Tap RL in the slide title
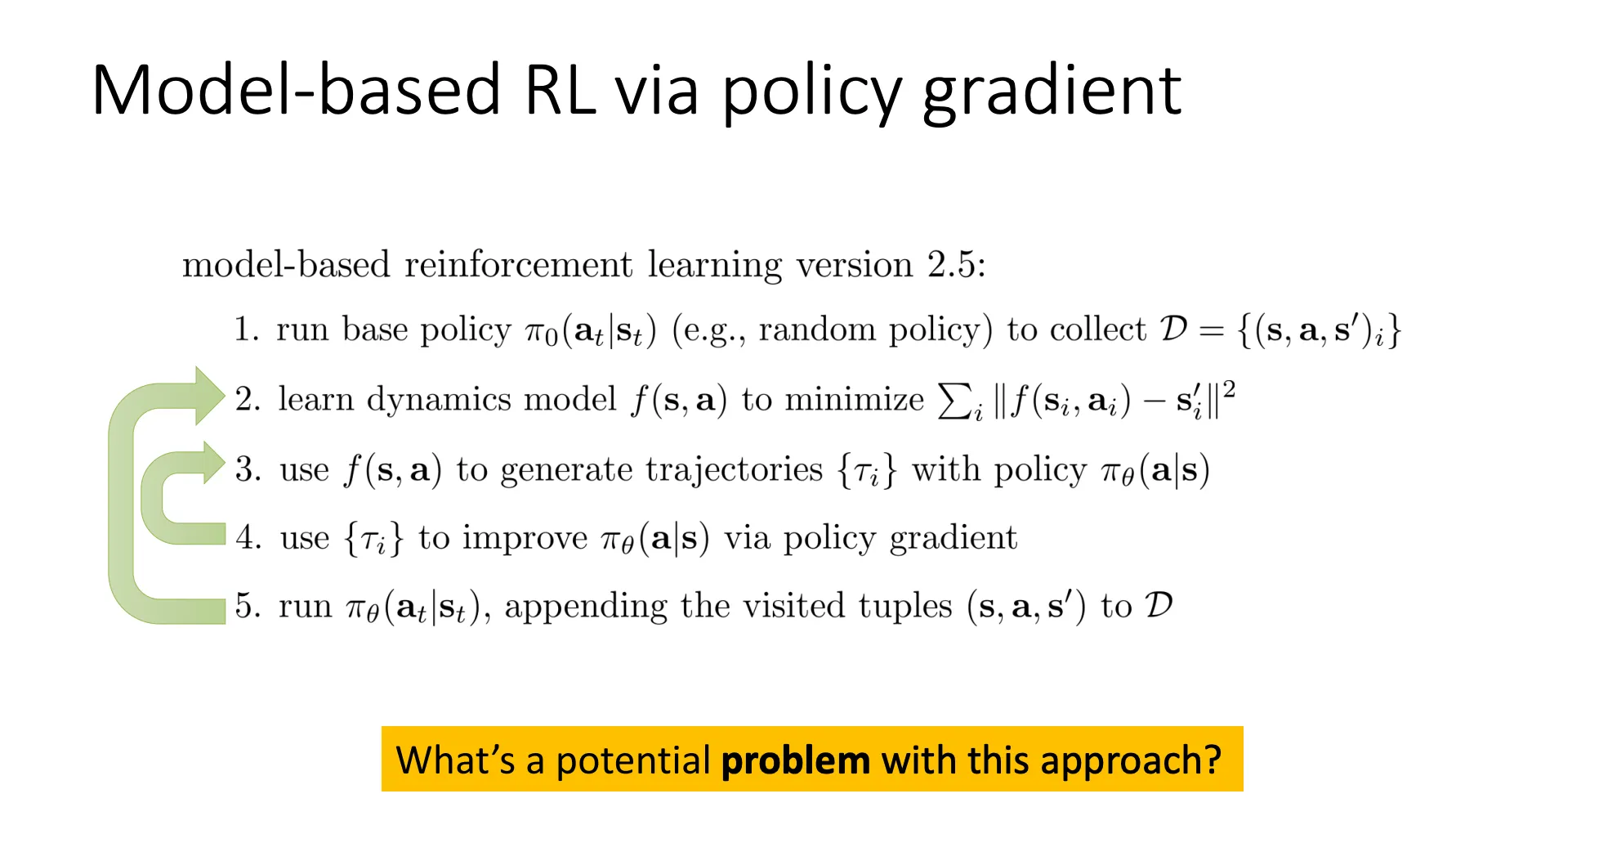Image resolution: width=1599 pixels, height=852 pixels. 560,89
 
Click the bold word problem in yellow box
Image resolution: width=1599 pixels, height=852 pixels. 796,761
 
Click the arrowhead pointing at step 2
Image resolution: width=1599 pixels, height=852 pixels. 209,396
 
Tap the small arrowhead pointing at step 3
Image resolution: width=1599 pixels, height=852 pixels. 214,463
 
